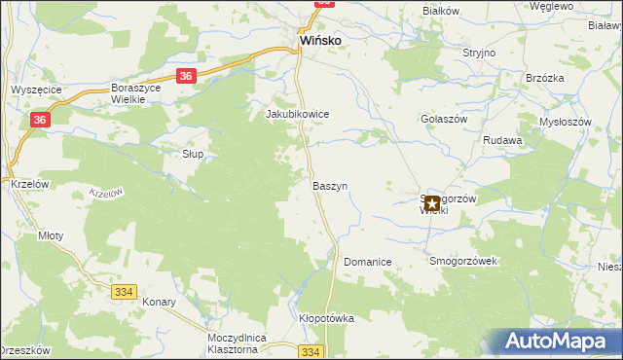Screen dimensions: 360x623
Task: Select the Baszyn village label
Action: [330, 185]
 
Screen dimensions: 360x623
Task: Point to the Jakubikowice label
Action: [298, 114]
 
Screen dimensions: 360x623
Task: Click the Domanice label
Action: [367, 263]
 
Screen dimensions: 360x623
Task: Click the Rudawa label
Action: [502, 140]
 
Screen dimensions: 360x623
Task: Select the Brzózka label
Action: [545, 79]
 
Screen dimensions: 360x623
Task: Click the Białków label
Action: [440, 11]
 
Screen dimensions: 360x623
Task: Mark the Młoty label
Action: [50, 235]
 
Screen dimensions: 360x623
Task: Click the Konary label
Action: [158, 302]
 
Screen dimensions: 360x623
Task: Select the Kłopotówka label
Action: [326, 318]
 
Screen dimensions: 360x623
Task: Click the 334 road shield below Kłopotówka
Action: [310, 351]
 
